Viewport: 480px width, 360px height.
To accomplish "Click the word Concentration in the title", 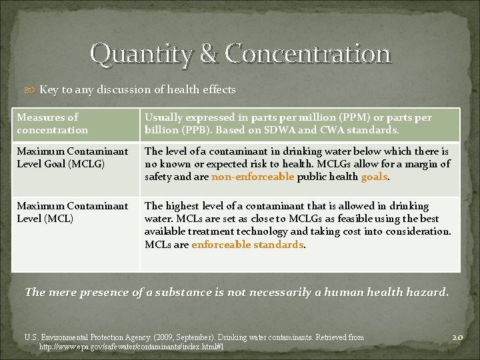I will click(x=307, y=53).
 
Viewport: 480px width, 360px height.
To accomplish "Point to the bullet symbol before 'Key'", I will click(x=33, y=90).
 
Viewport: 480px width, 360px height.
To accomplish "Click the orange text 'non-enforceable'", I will click(x=253, y=177).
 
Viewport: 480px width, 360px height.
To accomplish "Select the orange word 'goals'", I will click(x=374, y=177).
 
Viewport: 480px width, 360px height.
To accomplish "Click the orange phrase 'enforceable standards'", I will click(x=247, y=244).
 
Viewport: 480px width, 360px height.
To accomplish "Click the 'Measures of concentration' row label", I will click(x=52, y=123).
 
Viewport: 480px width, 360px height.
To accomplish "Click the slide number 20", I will click(x=457, y=337).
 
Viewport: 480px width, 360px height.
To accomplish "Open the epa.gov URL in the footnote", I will click(x=131, y=347).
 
